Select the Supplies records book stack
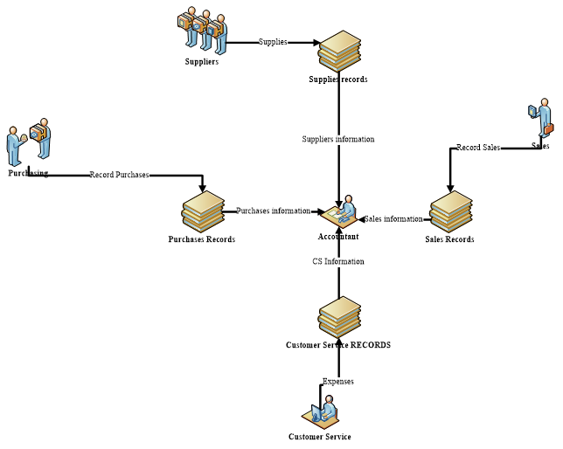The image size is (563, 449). [x=339, y=51]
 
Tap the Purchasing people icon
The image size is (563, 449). [x=29, y=142]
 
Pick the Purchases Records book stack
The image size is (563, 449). [x=203, y=211]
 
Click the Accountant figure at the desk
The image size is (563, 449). [x=339, y=211]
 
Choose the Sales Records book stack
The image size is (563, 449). [x=451, y=211]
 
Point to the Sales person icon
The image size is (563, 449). [x=541, y=119]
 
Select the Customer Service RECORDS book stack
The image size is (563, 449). [x=339, y=316]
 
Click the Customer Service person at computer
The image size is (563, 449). [x=321, y=412]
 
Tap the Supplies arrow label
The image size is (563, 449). [x=273, y=42]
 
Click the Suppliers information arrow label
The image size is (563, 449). [x=338, y=139]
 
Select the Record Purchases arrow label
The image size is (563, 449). [x=119, y=175]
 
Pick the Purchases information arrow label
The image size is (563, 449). [x=273, y=211]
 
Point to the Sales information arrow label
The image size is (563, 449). [x=393, y=218]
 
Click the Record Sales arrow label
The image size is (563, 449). [x=478, y=148]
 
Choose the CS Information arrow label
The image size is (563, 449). [x=338, y=261]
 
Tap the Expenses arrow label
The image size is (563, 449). [x=338, y=381]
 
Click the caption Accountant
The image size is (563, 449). [x=338, y=237]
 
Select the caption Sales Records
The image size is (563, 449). [x=449, y=239]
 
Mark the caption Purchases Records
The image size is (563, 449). [x=202, y=239]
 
